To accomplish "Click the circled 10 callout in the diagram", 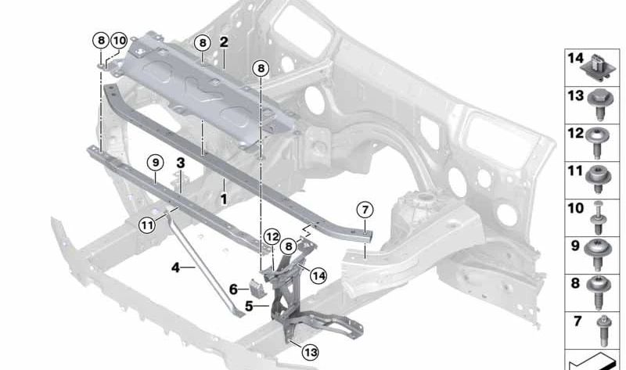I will coord(119,40).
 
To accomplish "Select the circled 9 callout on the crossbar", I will coord(155,163).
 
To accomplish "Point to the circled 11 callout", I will coord(148,225).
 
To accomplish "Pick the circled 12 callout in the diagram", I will coord(272,235).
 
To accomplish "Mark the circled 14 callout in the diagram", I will coord(318,275).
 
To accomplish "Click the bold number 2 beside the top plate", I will coord(224,41).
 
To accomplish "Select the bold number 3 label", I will coord(180,163).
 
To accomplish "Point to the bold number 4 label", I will coord(176,268).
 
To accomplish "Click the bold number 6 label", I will coord(233,289).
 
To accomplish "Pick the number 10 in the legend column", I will coord(575,209).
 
